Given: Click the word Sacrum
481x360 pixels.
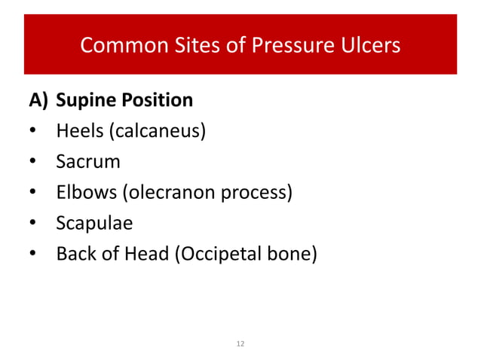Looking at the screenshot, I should (x=88, y=162).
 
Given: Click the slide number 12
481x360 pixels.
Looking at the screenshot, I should (x=240, y=344).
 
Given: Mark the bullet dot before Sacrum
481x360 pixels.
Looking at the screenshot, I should (x=33, y=163).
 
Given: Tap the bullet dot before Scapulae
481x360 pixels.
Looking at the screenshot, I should (x=33, y=224).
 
